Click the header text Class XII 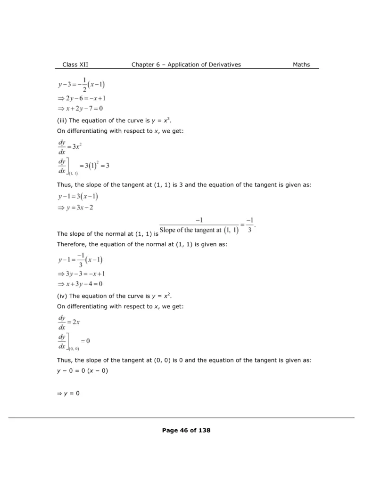click(75, 64)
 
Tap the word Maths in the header click(301, 64)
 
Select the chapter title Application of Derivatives click(208, 64)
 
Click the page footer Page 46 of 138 click(186, 430)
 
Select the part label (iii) click(62, 120)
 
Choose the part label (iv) click(62, 296)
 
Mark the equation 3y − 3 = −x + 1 click(81, 273)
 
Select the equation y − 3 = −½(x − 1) click(81, 85)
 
